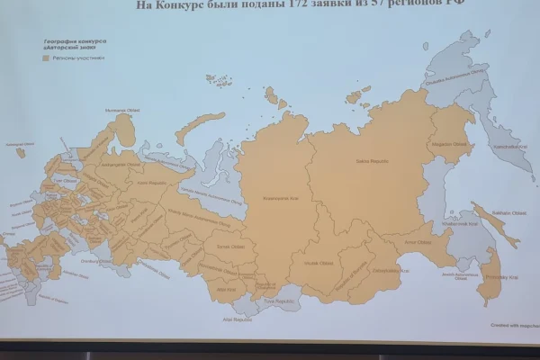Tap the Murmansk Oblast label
pos(117,112)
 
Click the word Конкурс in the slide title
pos(181,4)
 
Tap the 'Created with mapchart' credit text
pos(513,325)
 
